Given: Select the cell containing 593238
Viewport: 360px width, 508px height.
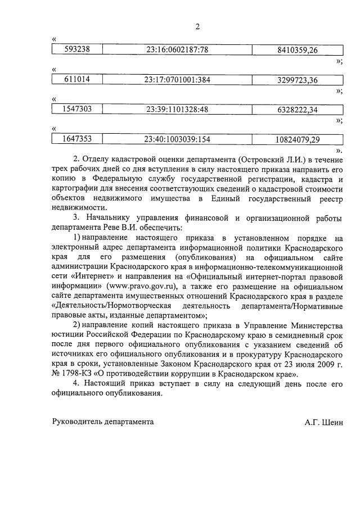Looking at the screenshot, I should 79,50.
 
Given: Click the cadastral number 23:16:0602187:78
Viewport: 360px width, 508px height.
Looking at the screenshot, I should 177,50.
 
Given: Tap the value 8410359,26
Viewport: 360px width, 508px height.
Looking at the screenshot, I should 298,50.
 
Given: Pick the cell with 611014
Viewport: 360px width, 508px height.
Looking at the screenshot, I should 79,80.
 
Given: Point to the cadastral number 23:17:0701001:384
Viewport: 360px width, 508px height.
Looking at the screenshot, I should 177,80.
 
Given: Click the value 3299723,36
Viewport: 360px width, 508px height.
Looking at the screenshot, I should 298,80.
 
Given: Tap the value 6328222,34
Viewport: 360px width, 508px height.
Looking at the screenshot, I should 298,110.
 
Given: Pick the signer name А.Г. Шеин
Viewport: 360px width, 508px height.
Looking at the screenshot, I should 323,421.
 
